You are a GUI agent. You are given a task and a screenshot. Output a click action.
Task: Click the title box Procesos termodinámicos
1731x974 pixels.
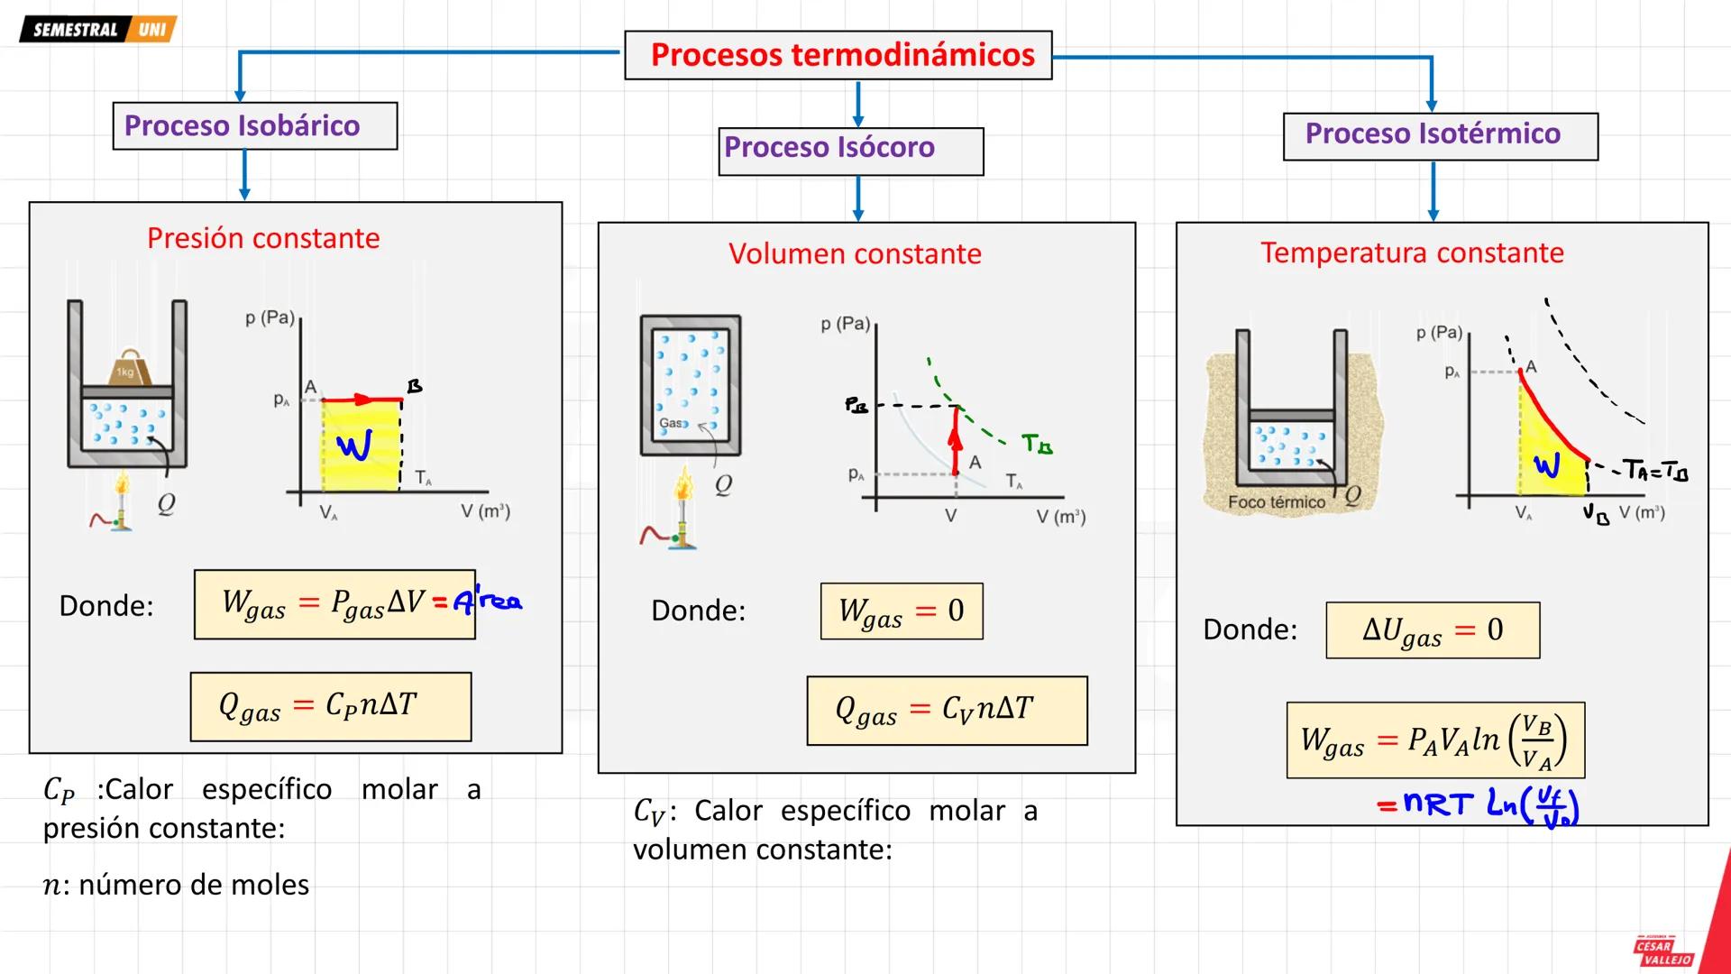(x=838, y=55)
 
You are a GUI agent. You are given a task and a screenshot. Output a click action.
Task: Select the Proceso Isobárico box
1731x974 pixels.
(x=254, y=125)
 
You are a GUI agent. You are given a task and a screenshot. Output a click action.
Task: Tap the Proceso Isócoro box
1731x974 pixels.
(x=851, y=150)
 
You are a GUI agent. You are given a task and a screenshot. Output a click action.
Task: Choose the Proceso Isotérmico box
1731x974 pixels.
(x=1440, y=135)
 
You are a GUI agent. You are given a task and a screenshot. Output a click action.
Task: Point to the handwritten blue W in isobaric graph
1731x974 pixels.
(x=354, y=445)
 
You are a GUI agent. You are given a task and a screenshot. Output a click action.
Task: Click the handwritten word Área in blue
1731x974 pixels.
(x=488, y=602)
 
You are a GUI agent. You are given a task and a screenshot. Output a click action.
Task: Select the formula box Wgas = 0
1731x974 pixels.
(x=902, y=611)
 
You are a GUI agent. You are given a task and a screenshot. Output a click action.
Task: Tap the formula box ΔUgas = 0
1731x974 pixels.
(x=1433, y=630)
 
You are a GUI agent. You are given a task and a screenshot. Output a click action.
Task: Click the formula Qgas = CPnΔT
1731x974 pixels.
(x=330, y=706)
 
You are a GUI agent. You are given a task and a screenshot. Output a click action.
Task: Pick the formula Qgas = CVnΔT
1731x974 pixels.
(x=947, y=711)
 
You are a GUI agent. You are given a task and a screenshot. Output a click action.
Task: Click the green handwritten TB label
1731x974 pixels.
(x=1037, y=444)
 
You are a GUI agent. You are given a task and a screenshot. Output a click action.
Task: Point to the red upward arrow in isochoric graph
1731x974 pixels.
(x=956, y=440)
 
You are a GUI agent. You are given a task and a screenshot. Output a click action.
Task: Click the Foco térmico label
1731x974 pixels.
(x=1276, y=502)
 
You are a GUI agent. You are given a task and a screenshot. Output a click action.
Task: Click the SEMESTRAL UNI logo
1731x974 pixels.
(x=97, y=30)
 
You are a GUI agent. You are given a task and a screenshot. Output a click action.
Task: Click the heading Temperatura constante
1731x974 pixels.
(x=1412, y=253)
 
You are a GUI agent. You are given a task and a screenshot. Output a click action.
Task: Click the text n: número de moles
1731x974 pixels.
(x=176, y=885)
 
